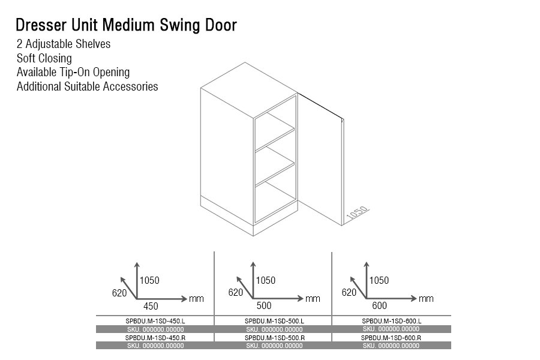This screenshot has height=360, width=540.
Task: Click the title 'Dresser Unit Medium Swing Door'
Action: click(126, 25)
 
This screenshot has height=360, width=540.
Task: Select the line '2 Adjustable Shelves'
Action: click(64, 44)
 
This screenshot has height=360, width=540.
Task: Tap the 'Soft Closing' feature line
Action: click(44, 58)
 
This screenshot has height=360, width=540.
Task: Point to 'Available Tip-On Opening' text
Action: click(73, 72)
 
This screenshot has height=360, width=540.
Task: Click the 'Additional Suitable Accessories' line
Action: click(88, 86)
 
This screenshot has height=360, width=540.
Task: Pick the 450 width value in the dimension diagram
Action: click(151, 306)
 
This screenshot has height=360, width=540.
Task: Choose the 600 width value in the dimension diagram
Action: click(380, 305)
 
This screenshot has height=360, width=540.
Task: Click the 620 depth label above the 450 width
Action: click(119, 293)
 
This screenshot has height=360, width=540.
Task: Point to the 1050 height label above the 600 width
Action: click(379, 280)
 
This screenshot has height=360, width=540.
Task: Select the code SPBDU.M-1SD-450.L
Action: click(155, 321)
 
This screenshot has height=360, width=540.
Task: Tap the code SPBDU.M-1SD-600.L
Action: click(391, 321)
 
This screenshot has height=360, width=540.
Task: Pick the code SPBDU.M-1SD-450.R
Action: click(155, 338)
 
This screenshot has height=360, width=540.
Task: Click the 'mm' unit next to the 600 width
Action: click(426, 298)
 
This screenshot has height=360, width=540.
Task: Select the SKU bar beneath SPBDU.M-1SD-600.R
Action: click(391, 346)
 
